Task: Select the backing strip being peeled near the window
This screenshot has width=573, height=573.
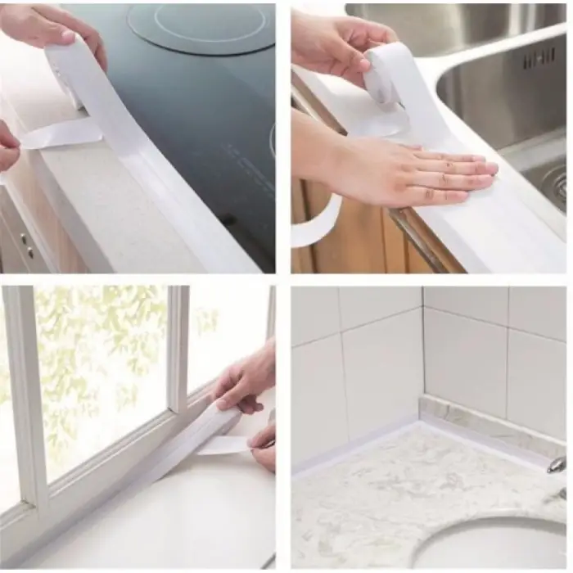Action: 225,444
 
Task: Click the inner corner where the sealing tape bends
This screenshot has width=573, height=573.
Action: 421,418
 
